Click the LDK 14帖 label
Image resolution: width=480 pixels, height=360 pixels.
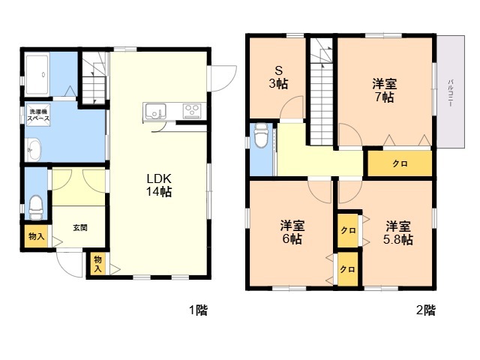click(x=158, y=185)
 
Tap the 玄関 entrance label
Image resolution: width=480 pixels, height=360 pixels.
click(x=80, y=228)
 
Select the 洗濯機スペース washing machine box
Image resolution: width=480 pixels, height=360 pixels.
click(x=38, y=115)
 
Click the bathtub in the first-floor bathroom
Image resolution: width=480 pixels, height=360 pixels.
click(x=37, y=74)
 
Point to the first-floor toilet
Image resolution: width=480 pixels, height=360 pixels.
click(x=35, y=207)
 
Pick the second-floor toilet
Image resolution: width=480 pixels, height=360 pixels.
click(x=261, y=136)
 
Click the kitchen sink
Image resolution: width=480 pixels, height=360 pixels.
click(x=155, y=111)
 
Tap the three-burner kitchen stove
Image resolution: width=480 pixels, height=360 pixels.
click(x=192, y=111)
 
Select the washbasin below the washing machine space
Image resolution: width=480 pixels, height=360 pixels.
click(x=33, y=149)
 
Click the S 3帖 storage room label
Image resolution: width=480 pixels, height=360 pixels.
click(x=278, y=77)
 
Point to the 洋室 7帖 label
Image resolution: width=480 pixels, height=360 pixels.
click(x=385, y=90)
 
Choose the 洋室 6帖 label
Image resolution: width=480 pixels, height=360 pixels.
click(x=292, y=232)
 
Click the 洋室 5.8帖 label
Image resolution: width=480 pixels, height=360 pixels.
click(x=398, y=232)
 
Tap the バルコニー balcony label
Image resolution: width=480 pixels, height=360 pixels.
click(x=450, y=93)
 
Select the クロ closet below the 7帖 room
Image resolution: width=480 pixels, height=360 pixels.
click(x=400, y=163)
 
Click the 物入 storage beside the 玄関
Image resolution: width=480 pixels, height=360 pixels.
click(x=37, y=236)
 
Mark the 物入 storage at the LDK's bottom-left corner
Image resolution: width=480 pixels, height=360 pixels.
click(x=98, y=264)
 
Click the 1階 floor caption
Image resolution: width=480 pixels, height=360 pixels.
click(x=198, y=310)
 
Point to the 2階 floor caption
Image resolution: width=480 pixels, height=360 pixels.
click(x=425, y=310)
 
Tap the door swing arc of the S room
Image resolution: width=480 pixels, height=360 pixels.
click(x=288, y=102)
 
